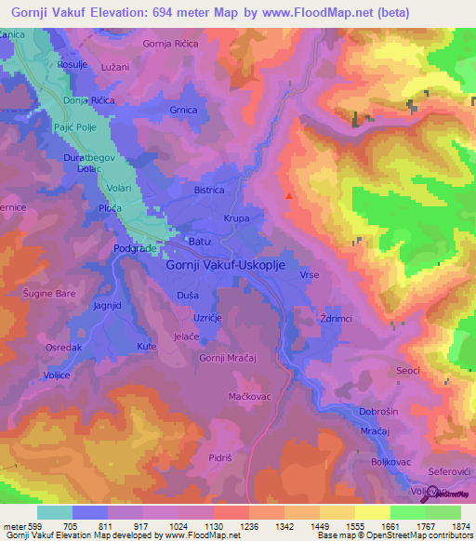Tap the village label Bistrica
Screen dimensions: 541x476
(x=209, y=190)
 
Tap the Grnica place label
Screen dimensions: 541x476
(x=183, y=111)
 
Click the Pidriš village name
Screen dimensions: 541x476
(x=220, y=459)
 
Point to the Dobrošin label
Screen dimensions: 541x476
(x=378, y=410)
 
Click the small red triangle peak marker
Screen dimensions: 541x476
(x=289, y=196)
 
